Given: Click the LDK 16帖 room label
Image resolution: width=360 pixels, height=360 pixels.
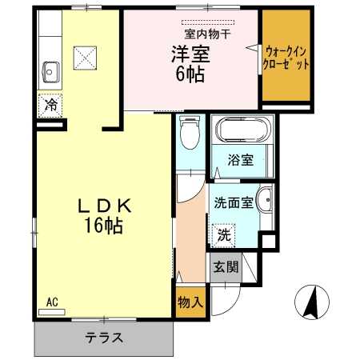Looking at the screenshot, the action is click(104, 216).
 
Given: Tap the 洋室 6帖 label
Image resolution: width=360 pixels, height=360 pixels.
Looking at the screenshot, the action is click(190, 64).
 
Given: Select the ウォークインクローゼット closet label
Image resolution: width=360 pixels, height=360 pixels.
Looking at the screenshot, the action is click(286, 58).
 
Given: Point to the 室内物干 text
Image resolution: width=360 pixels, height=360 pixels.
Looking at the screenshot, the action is click(207, 34).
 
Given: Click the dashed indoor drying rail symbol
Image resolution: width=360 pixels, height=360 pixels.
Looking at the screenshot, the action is click(208, 22).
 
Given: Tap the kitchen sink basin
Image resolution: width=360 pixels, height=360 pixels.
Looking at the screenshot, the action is click(50, 72).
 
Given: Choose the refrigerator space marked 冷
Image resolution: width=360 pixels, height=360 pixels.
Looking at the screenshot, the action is click(50, 106).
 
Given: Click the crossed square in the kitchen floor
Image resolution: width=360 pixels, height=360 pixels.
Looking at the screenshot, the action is click(85, 58).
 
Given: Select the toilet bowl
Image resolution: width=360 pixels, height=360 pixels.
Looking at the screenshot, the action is click(190, 132).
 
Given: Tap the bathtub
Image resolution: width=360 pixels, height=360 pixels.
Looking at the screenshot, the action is click(242, 130).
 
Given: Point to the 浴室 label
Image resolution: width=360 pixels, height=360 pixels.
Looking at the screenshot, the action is click(241, 160).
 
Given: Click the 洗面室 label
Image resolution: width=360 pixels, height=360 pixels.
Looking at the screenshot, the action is click(234, 203).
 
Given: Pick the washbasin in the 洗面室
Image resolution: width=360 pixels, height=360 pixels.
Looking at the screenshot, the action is click(265, 200).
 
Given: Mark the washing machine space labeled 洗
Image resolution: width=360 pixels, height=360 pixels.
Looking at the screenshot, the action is click(223, 235).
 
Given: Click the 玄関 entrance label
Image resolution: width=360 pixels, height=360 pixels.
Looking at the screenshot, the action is click(226, 266).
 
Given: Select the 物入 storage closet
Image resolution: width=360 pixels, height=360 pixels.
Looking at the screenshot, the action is click(190, 302).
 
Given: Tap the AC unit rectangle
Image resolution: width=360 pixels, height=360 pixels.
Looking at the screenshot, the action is click(52, 312).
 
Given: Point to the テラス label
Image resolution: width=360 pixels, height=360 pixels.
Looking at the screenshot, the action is click(104, 338).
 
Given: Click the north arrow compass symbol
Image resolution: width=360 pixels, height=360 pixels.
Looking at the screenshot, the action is click(312, 302).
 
